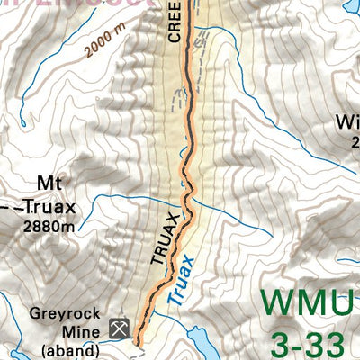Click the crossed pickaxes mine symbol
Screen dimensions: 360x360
point(118,328)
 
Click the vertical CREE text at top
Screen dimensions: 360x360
point(175,22)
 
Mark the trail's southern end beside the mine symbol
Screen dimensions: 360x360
point(138,342)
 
